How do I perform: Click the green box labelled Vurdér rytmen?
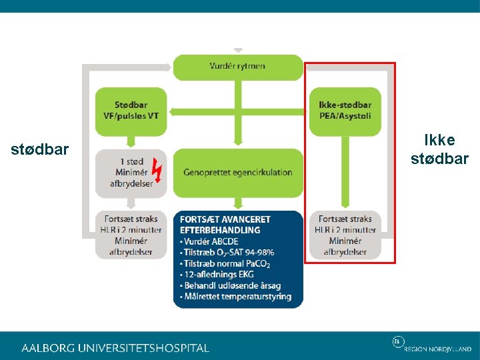pos(237,67)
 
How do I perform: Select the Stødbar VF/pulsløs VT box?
pos(131,111)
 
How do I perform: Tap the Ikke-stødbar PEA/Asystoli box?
pos(345,111)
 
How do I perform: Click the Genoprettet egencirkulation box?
pos(237,172)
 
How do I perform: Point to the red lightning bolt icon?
pos(157,171)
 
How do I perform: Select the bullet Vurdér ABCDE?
pos(211,241)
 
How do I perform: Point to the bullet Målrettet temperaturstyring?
pos(237,297)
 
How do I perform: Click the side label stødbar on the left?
pos(40,149)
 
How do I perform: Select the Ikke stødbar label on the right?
pos(439,149)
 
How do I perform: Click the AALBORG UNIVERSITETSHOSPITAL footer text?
pos(115,348)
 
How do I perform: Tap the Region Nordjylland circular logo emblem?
pos(397,342)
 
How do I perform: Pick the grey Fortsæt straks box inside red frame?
pos(345,235)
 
